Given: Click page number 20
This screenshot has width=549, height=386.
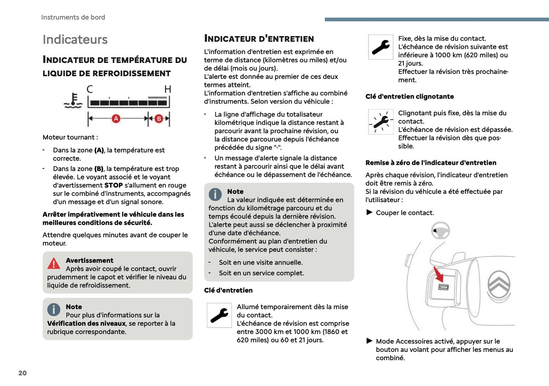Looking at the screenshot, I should pyautogui.click(x=22, y=373).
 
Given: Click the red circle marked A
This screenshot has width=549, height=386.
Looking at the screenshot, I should pyautogui.click(x=116, y=119).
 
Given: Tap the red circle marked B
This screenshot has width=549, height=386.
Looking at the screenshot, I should pyautogui.click(x=159, y=119).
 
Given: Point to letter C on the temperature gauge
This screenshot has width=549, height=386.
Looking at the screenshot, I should pyautogui.click(x=90, y=89).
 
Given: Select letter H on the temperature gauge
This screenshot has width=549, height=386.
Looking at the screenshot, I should pyautogui.click(x=168, y=89).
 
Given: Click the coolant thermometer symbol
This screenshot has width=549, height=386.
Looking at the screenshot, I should pyautogui.click(x=73, y=100).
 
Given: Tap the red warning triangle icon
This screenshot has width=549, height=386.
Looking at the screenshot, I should pyautogui.click(x=54, y=263).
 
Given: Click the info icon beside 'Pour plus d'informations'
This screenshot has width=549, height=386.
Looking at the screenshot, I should pyautogui.click(x=54, y=309).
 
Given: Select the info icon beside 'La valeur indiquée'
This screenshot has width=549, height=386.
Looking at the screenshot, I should pyautogui.click(x=215, y=194).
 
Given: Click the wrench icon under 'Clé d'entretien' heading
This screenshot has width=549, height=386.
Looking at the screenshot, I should pyautogui.click(x=219, y=315).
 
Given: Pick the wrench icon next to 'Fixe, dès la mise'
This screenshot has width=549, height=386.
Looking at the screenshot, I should pyautogui.click(x=381, y=47).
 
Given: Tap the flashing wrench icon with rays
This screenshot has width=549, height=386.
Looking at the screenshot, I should pyautogui.click(x=381, y=122).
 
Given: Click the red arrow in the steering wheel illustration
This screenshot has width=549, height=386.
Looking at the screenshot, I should pyautogui.click(x=438, y=274).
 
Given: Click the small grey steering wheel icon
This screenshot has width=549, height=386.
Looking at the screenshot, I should pyautogui.click(x=441, y=231).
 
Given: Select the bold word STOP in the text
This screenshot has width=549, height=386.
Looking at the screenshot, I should pyautogui.click(x=114, y=185).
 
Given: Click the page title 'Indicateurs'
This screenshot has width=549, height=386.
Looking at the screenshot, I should pyautogui.click(x=75, y=39).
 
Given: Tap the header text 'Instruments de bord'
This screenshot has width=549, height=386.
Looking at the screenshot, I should pyautogui.click(x=73, y=17).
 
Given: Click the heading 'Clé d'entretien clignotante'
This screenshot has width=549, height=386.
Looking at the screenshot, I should pyautogui.click(x=410, y=97).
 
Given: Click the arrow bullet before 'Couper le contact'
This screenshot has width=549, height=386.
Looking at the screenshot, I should pyautogui.click(x=369, y=212).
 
